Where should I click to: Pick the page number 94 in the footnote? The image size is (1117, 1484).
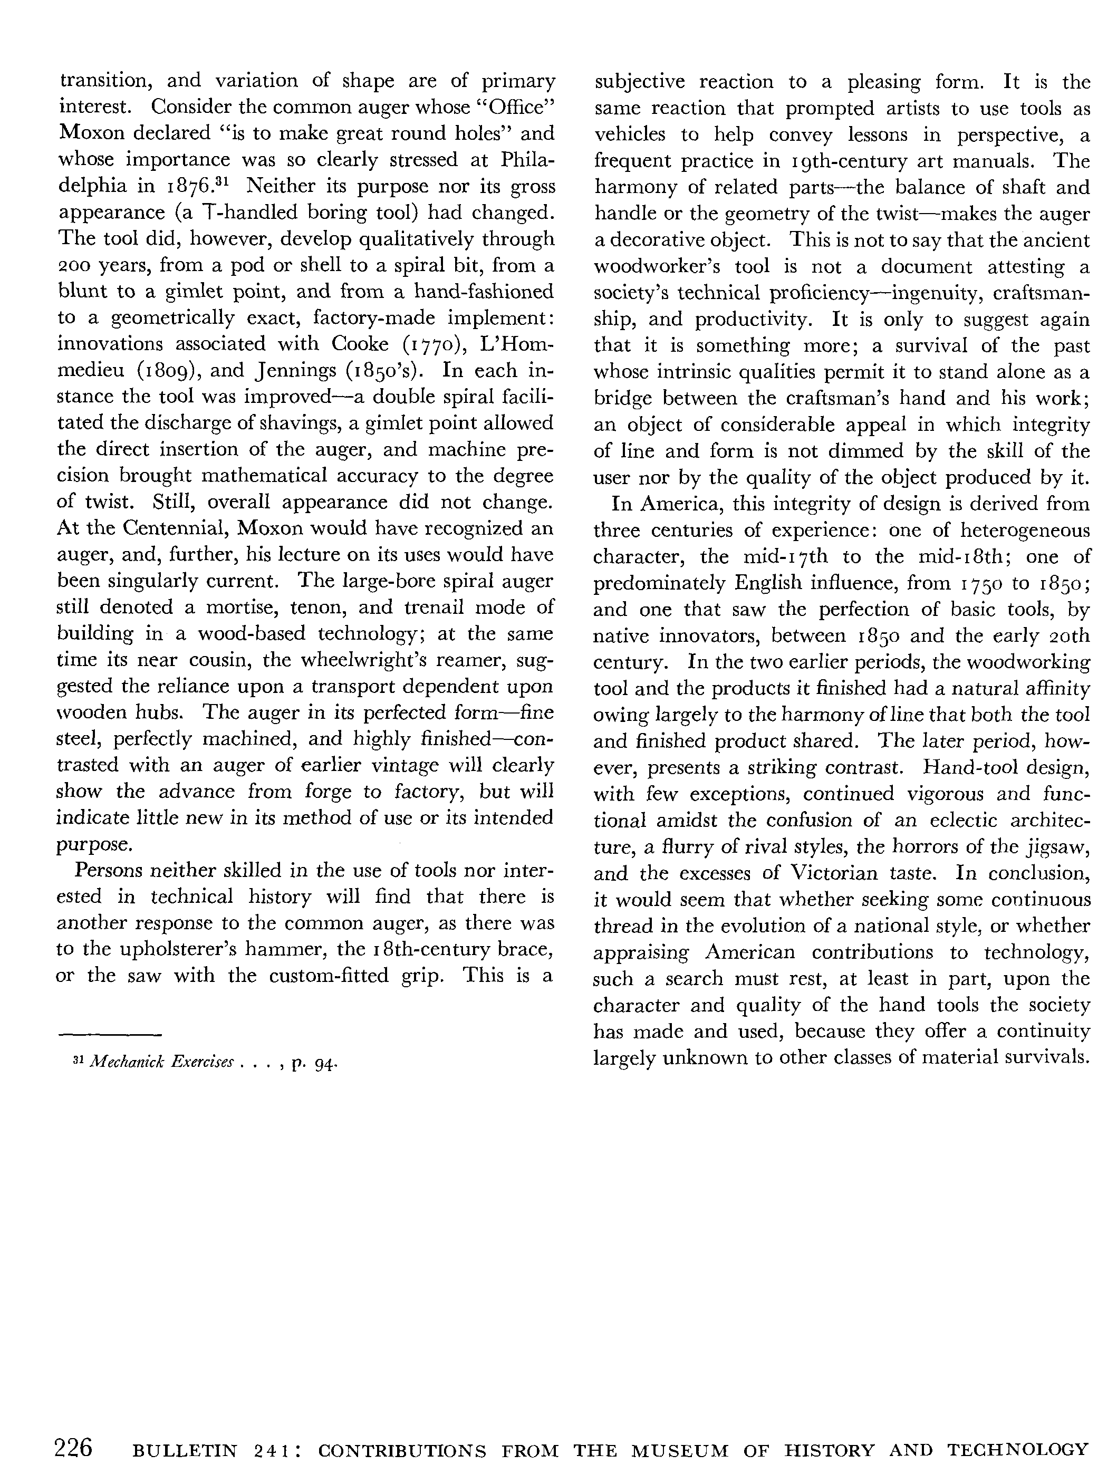click(325, 1063)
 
